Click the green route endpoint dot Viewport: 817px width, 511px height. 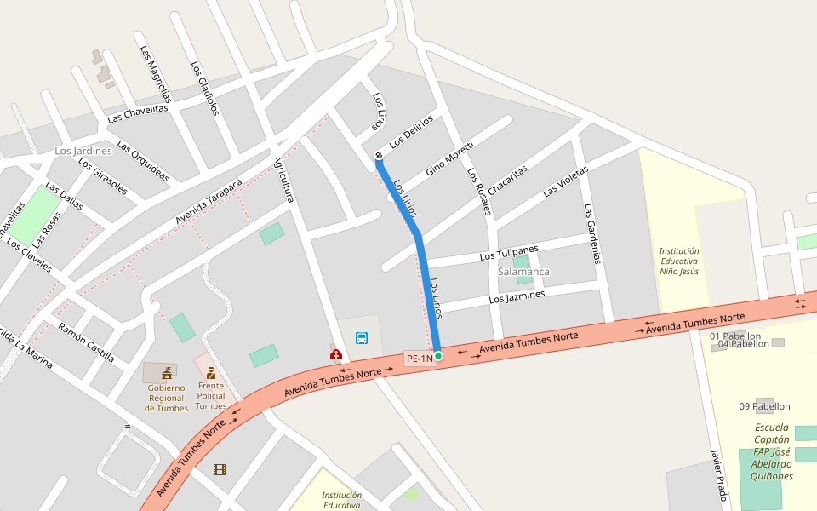pos(437,355)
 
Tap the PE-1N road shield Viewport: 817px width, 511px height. pos(420,359)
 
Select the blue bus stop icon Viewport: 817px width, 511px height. pos(362,338)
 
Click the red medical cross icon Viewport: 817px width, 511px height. pos(335,353)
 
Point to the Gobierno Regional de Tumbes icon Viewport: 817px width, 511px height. pos(166,373)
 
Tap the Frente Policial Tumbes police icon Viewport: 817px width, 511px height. pos(210,373)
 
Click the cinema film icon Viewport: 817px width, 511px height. pos(220,469)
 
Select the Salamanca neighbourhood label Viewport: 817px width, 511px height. pos(523,272)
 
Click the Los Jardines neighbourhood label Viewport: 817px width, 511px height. pos(83,151)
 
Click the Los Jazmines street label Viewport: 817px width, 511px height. pos(517,296)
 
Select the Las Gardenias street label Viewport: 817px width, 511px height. pos(593,233)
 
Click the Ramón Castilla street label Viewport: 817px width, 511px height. pos(86,341)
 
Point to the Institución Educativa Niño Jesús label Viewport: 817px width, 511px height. pos(679,261)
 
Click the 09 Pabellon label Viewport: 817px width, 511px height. pos(764,406)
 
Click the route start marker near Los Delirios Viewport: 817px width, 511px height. pos(379,156)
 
